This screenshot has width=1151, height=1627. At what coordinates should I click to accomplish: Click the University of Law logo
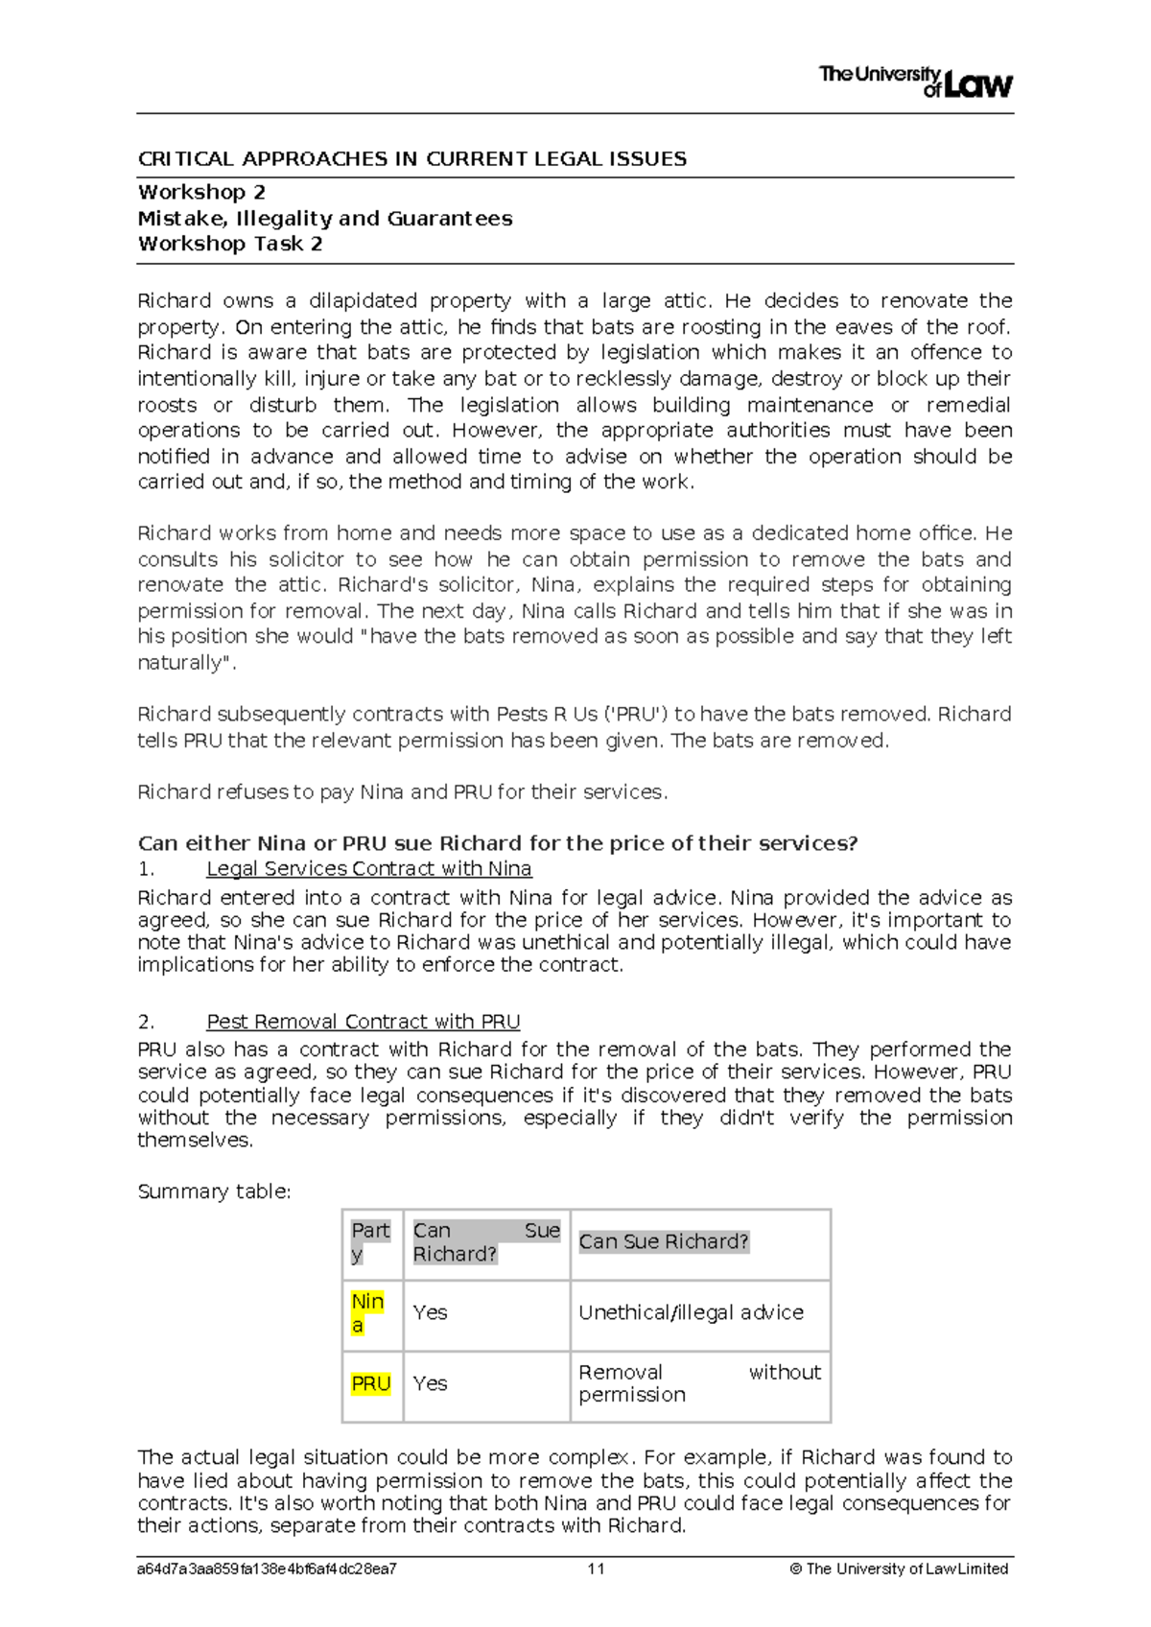click(915, 82)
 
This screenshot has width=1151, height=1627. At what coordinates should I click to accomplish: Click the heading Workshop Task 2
click(230, 244)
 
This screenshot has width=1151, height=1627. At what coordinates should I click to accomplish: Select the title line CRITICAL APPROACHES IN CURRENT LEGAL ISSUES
click(412, 159)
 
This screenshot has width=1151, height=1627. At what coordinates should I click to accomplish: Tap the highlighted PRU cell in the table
click(371, 1384)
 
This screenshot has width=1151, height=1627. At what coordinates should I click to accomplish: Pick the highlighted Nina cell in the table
click(367, 1313)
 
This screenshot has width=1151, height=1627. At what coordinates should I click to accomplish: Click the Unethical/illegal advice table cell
click(691, 1312)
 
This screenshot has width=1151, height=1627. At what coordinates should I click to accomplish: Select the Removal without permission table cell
click(699, 1383)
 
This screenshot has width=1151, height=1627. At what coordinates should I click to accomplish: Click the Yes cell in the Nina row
click(430, 1312)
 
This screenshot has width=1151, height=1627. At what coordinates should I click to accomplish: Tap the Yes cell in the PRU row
click(430, 1383)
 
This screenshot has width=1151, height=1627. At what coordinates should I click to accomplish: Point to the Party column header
click(370, 1241)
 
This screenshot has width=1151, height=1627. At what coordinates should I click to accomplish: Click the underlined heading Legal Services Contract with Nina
click(369, 869)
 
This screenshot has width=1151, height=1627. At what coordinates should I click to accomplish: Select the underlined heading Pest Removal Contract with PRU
click(364, 1022)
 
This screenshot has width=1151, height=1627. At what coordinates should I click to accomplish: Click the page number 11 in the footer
click(596, 1569)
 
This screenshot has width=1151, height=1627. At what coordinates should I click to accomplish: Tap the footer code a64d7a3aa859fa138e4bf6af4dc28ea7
click(268, 1569)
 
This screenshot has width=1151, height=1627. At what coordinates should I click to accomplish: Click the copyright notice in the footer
click(898, 1569)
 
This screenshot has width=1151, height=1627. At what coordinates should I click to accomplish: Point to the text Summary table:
click(214, 1191)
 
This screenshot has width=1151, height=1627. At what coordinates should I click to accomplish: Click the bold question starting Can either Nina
click(497, 843)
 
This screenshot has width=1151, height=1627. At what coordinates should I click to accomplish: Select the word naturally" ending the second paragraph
click(186, 663)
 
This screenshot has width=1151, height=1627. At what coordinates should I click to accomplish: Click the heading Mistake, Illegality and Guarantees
click(325, 219)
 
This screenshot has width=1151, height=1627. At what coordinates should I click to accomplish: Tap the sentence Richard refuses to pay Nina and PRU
click(402, 792)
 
